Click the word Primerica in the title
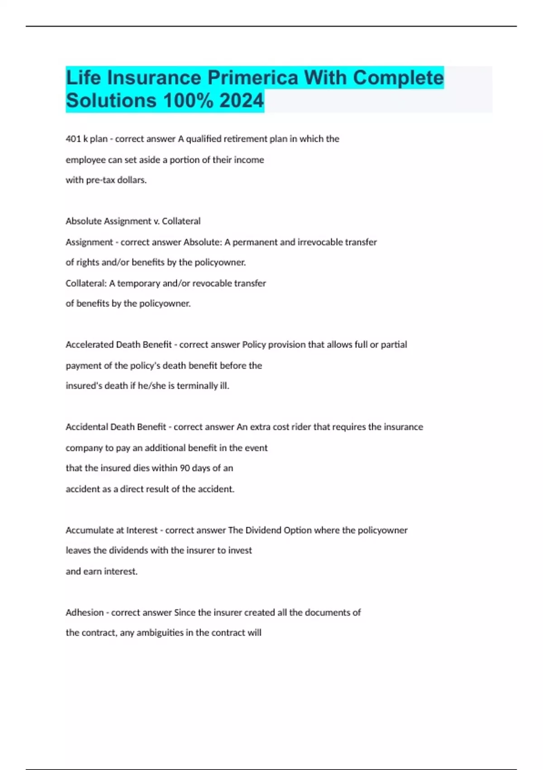point(253,77)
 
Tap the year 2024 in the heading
point(241,101)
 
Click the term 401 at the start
point(73,139)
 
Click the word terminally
point(197,386)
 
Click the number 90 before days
point(185,468)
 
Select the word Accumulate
point(89,530)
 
